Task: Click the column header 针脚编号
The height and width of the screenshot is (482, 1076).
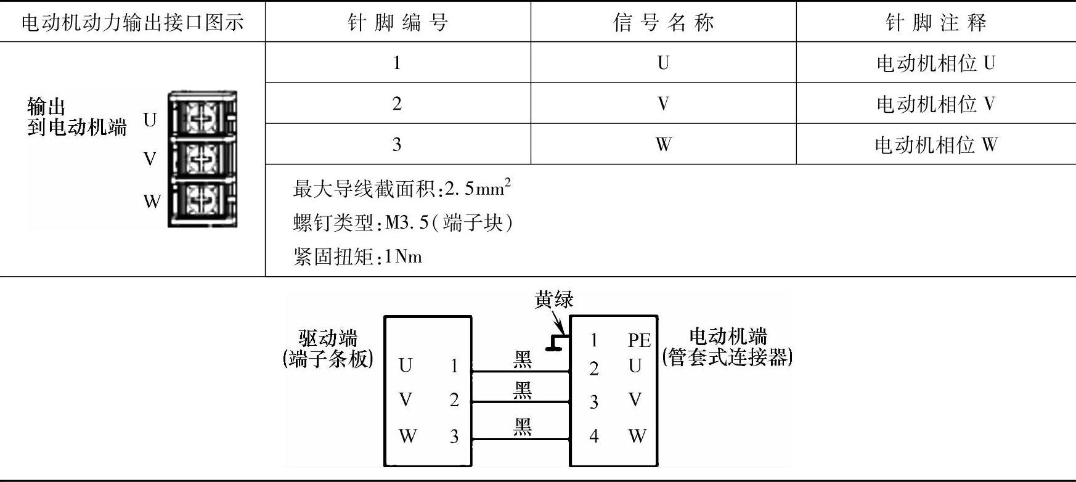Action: [397, 23]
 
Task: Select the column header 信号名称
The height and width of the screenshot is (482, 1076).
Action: [663, 23]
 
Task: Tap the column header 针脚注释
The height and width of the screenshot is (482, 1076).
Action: [935, 23]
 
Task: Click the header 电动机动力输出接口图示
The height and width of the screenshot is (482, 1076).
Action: [132, 23]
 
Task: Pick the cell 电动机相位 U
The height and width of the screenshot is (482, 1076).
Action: [935, 63]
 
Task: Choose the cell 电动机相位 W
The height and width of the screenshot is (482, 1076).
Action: [935, 145]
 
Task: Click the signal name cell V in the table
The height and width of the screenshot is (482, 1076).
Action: [663, 104]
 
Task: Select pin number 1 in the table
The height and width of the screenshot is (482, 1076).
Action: [397, 63]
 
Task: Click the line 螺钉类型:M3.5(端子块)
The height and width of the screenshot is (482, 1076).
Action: [403, 223]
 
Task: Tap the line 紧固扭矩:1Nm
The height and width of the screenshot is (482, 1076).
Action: [357, 256]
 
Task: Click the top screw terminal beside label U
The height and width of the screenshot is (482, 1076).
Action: [201, 115]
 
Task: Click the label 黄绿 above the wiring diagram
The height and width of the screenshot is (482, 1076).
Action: [553, 300]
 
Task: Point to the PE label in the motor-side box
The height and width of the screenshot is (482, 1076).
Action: [639, 340]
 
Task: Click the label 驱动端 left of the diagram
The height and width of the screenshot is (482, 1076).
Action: [328, 338]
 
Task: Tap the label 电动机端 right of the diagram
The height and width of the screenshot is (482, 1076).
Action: [727, 337]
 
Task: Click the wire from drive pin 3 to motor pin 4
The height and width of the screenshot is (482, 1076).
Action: [521, 439]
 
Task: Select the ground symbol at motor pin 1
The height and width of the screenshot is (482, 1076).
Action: [556, 343]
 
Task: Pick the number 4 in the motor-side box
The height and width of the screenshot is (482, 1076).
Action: [593, 436]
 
